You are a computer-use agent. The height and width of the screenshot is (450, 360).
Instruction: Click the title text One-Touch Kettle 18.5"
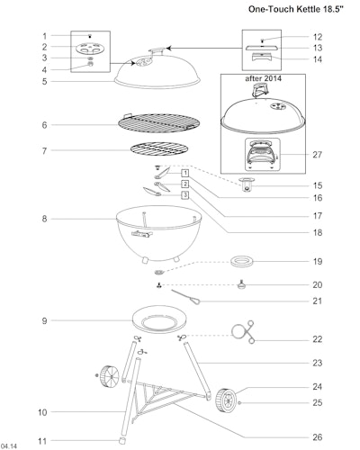click(295, 9)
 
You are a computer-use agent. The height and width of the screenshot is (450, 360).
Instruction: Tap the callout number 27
click(318, 155)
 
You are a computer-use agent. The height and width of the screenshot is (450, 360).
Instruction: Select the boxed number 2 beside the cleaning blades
click(185, 184)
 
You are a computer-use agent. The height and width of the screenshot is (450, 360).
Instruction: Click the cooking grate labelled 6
click(158, 122)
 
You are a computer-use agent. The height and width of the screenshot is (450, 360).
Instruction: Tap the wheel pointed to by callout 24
click(226, 400)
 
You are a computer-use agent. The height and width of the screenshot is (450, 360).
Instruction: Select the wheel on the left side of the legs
click(109, 376)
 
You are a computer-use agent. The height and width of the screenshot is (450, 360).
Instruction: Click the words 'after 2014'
click(263, 78)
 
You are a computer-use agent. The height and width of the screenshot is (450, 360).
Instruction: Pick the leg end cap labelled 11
click(122, 441)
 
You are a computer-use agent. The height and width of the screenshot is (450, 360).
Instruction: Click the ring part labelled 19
click(242, 262)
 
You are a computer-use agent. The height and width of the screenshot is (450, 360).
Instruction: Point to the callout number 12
click(318, 37)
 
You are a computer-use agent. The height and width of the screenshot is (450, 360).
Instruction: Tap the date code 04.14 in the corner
click(9, 446)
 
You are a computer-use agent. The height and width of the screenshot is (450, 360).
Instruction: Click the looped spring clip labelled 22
click(241, 332)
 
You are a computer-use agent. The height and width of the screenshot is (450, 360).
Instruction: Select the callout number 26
click(318, 437)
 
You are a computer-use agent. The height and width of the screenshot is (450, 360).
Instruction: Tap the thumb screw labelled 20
click(241, 284)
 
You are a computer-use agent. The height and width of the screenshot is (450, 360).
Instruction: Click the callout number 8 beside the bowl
click(44, 219)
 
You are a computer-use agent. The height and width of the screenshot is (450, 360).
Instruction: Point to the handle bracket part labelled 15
click(247, 184)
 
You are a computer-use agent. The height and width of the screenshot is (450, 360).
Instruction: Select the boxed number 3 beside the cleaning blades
click(185, 195)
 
